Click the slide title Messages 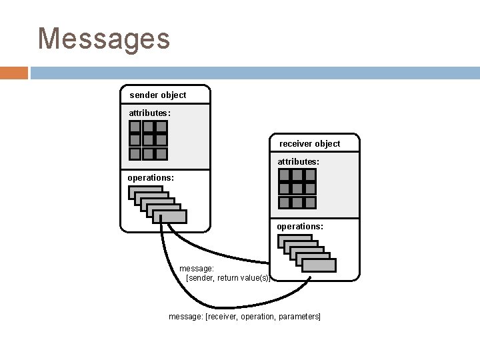[x=104, y=39]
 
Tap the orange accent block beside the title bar [x=14, y=72]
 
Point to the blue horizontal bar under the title [x=253, y=72]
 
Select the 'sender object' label [x=157, y=95]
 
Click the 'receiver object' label [x=309, y=143]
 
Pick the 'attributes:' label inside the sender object [x=149, y=113]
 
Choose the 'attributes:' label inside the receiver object [x=298, y=161]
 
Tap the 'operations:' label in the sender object [x=151, y=178]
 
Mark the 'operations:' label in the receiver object [x=300, y=227]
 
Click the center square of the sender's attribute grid [x=148, y=140]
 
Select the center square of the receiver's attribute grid [x=297, y=189]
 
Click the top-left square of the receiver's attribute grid [x=285, y=176]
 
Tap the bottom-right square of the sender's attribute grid [x=161, y=153]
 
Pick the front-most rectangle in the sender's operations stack [x=170, y=217]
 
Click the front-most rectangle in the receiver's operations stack [x=319, y=265]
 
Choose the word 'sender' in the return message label [x=201, y=278]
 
